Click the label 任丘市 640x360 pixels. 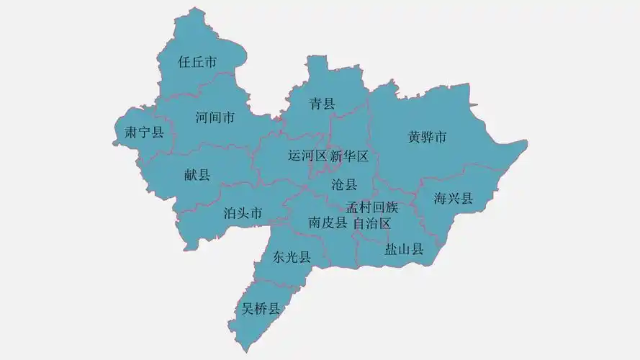[197, 63]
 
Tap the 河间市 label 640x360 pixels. [215, 117]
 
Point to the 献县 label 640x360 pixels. [197, 174]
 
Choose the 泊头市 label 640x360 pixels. [243, 212]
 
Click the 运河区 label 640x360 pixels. [307, 156]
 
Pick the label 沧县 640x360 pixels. [344, 184]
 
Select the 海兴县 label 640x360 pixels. [454, 198]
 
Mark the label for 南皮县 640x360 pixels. [328, 223]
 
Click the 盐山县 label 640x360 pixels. [404, 249]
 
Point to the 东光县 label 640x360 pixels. [292, 257]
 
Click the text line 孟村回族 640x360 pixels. [371, 207]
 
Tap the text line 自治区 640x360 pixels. [371, 223]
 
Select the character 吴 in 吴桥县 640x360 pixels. [248, 310]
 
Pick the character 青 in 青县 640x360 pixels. [316, 104]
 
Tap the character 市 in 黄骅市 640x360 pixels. [441, 137]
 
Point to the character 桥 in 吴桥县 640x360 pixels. [261, 310]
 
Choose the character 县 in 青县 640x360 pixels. [329, 104]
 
